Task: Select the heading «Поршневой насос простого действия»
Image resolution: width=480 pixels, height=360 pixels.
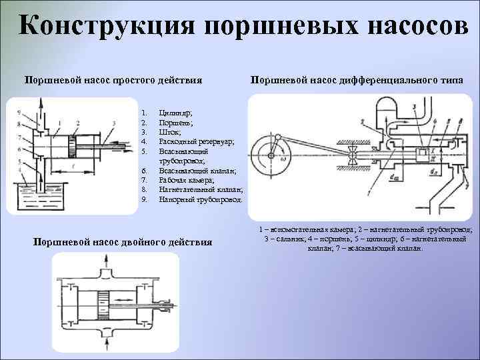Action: [x=113, y=81]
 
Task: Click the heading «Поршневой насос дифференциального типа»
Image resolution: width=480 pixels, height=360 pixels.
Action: [x=357, y=81]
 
